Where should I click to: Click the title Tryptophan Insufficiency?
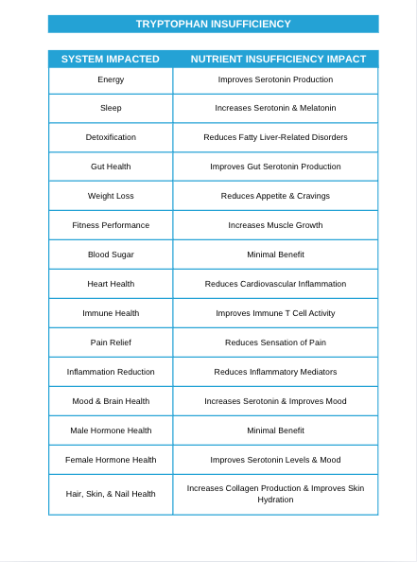click(x=213, y=24)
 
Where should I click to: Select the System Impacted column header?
click(x=111, y=59)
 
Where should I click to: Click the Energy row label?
click(x=111, y=79)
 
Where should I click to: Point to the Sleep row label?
click(x=111, y=108)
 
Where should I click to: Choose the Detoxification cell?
click(x=111, y=137)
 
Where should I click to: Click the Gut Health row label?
click(x=111, y=167)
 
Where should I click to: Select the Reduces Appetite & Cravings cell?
click(x=275, y=196)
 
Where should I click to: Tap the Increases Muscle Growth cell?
click(x=275, y=225)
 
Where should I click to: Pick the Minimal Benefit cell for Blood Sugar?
click(x=275, y=255)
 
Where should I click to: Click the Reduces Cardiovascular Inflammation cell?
click(x=275, y=284)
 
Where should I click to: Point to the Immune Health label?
click(x=111, y=313)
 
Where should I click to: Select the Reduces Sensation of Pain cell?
click(x=275, y=342)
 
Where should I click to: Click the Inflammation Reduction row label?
click(x=111, y=372)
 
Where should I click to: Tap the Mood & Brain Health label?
click(x=111, y=401)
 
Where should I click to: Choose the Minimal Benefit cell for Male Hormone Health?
click(x=275, y=430)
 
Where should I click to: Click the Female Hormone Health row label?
click(x=111, y=460)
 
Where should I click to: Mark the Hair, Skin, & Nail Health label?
click(x=111, y=494)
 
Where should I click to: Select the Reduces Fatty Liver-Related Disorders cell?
click(x=275, y=137)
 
